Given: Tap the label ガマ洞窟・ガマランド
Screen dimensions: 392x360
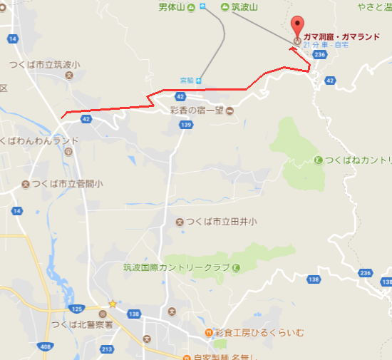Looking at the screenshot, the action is click(336, 36).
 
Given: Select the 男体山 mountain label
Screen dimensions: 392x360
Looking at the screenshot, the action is click(172, 7).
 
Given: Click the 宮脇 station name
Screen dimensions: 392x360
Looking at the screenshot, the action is click(187, 80).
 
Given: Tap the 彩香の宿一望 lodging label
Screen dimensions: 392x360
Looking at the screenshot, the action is click(197, 110).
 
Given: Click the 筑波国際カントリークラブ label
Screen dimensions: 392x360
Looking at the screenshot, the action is click(176, 267).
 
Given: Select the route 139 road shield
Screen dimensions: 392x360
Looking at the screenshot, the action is click(185, 125).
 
